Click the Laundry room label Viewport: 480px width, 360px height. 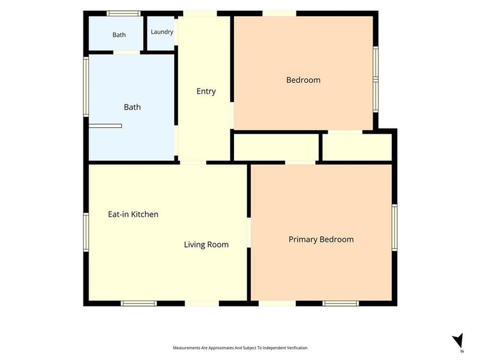[x=162, y=32]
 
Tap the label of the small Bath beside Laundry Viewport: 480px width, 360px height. [x=119, y=35]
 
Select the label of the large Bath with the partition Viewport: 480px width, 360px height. [x=132, y=107]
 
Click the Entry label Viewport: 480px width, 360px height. [x=206, y=91]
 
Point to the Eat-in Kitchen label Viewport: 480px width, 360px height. [x=133, y=214]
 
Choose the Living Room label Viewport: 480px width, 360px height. [x=206, y=245]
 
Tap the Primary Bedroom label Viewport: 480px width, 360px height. [x=321, y=239]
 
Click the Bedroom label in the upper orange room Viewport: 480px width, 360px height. [x=304, y=80]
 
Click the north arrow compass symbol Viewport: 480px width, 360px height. [x=458, y=341]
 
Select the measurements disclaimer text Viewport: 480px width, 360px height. [x=241, y=348]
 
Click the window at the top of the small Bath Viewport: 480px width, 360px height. [x=124, y=13]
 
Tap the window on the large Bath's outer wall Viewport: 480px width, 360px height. [x=86, y=86]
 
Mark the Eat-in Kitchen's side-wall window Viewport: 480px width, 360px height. [x=86, y=232]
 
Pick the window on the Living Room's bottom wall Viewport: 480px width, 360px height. [x=139, y=304]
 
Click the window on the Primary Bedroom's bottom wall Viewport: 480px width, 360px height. [x=340, y=304]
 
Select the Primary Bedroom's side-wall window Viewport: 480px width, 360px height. [x=395, y=227]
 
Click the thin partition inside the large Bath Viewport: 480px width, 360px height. [x=106, y=126]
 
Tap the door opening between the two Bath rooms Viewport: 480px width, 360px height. [x=127, y=53]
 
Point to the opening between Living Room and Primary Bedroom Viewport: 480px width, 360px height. [x=249, y=232]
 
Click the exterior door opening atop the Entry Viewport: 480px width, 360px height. [x=200, y=13]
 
